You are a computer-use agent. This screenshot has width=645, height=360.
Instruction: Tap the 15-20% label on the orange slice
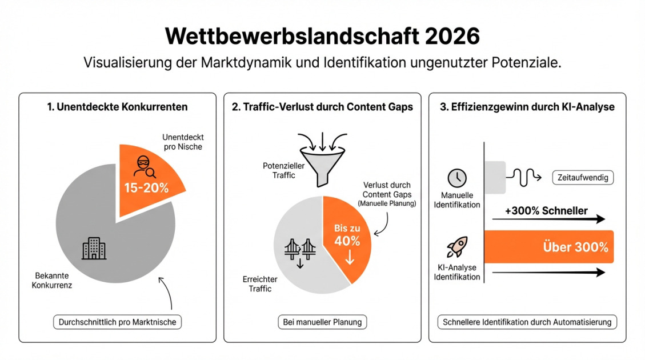147,187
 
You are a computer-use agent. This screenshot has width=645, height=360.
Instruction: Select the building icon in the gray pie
94,248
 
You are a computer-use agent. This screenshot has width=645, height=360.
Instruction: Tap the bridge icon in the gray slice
301,250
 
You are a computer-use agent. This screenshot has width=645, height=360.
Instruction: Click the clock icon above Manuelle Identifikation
456,178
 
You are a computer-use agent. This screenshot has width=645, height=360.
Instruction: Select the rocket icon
456,247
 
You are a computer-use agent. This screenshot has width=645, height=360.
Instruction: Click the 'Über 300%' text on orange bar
575,247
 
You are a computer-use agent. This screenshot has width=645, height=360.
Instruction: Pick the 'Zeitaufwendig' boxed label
582,178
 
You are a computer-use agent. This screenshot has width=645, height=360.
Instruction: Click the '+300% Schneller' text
546,211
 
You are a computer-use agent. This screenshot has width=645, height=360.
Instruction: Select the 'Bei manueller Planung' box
322,322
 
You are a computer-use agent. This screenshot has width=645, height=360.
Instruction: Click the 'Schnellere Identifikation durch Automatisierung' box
527,322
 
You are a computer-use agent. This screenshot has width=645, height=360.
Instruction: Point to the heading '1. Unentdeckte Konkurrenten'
117,107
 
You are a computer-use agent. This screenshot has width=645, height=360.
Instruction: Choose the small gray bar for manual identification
495,177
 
